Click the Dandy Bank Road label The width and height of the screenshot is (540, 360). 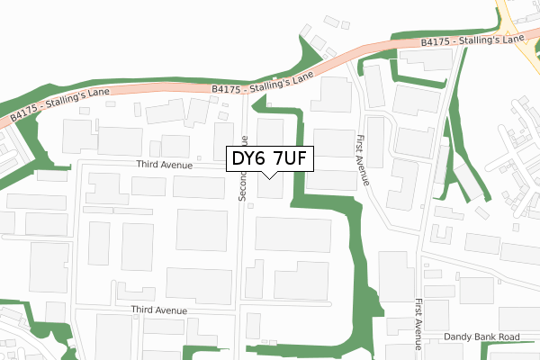tap(482, 337)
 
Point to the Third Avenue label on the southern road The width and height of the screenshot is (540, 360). tap(158, 310)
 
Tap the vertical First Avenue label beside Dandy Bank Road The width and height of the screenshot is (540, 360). tap(419, 324)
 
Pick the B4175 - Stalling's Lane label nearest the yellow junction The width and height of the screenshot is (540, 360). tap(472, 41)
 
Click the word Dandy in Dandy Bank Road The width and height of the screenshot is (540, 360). tap(459, 337)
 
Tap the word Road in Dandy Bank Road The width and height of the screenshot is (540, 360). tap(508, 337)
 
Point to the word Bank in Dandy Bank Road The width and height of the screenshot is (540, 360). tap(486, 337)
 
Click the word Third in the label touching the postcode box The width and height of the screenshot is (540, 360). tap(150, 165)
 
